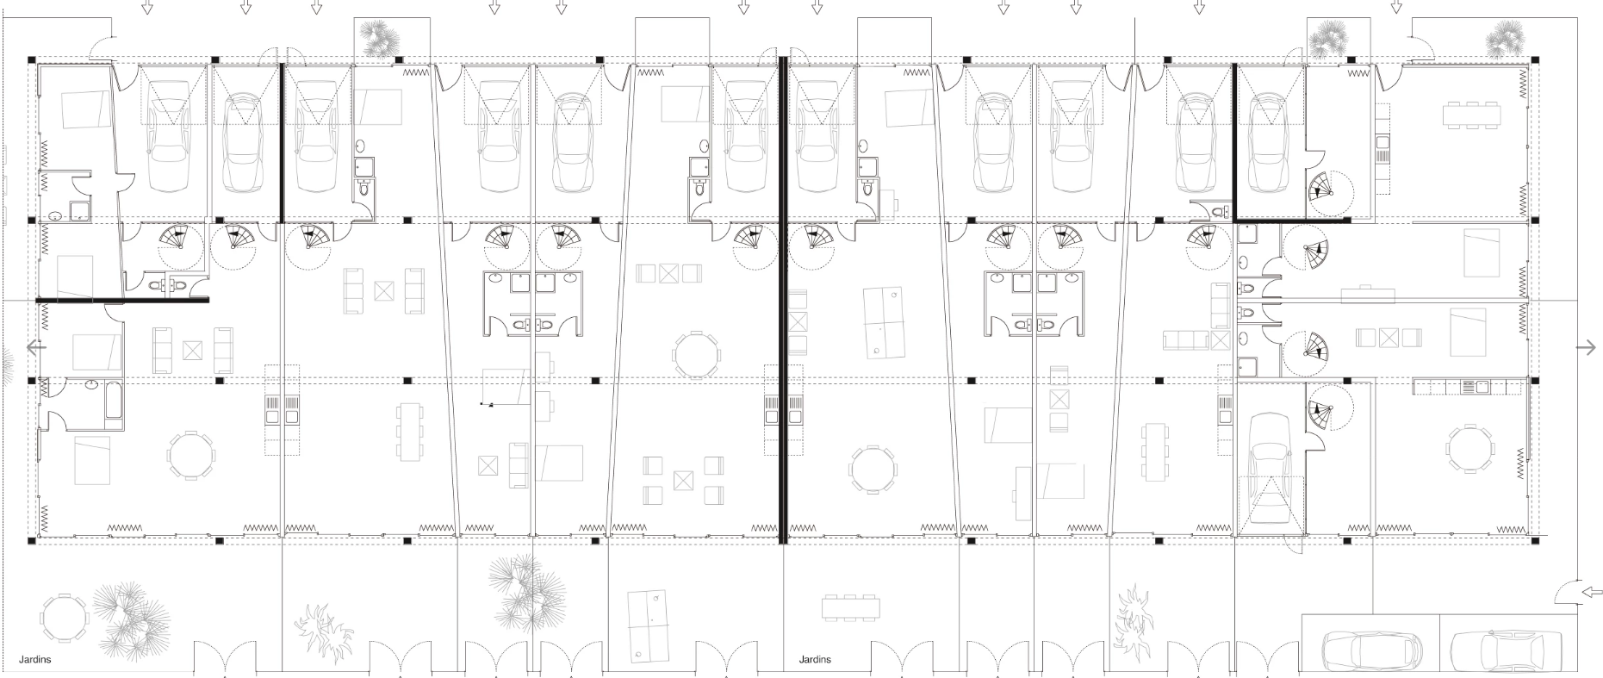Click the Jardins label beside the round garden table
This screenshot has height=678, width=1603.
coord(35,660)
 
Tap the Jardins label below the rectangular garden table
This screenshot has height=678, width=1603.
coord(815,660)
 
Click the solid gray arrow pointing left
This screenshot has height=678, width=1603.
coord(36,348)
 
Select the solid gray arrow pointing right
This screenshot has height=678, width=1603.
coord(1586,347)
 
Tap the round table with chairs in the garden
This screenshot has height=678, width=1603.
coord(65,616)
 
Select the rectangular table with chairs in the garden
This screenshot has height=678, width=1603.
coord(851,606)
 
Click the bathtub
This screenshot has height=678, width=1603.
coord(113,403)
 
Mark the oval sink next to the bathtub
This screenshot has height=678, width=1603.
coord(90,387)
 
